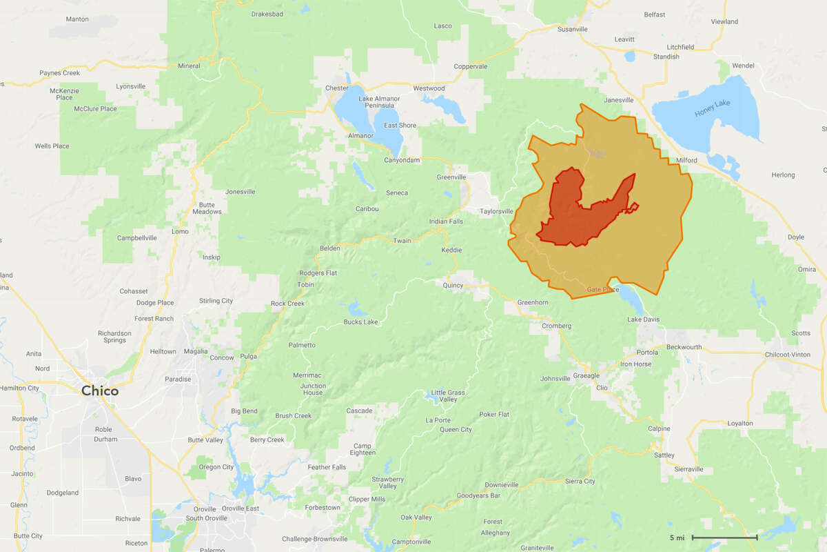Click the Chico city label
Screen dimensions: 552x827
tap(100, 391)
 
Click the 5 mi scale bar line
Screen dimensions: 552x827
tap(724, 538)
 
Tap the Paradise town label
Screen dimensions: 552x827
tap(178, 379)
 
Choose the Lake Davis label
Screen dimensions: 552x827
tap(644, 319)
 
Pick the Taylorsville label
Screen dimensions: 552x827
tap(497, 211)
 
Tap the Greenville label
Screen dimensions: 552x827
tap(451, 177)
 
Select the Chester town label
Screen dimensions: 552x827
tap(337, 88)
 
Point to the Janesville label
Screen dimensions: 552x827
tap(618, 100)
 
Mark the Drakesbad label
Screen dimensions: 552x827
tap(267, 14)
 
